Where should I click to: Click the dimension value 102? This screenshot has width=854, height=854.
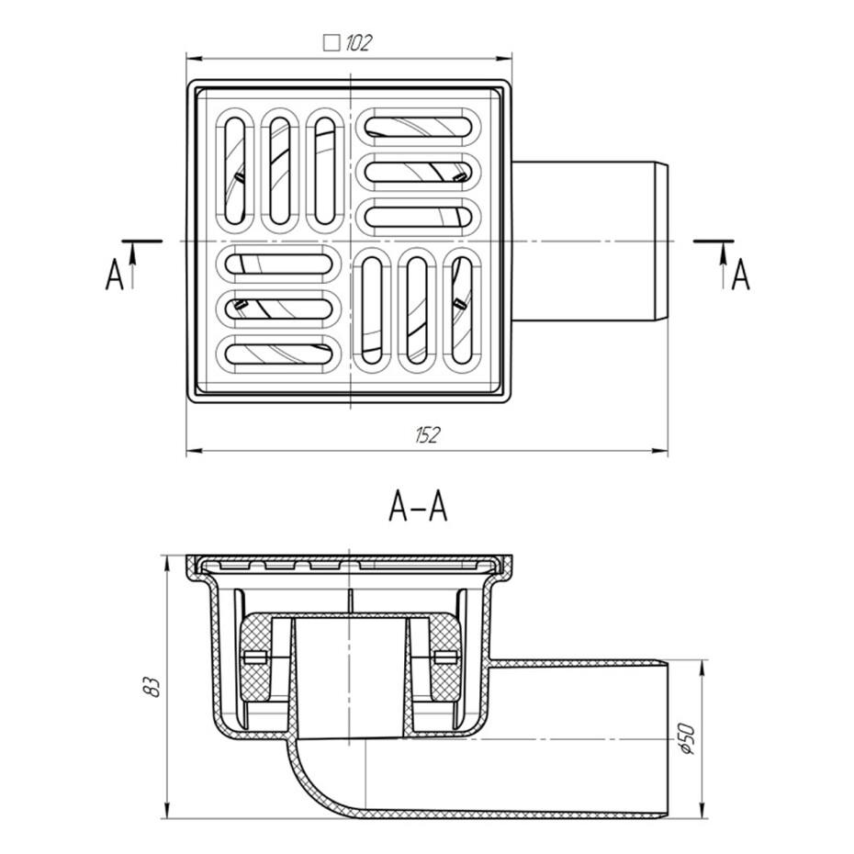tap(358, 43)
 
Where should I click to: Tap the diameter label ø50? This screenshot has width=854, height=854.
tap(689, 738)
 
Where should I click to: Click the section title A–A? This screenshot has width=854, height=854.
tap(418, 507)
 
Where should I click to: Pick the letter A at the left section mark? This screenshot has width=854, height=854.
tap(114, 275)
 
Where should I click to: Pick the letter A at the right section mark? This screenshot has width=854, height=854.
tap(740, 275)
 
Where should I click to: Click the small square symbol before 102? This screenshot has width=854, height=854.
tap(331, 43)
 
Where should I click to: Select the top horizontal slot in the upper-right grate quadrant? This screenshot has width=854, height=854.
tap(419, 127)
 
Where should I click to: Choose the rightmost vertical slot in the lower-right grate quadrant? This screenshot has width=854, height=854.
tap(463, 309)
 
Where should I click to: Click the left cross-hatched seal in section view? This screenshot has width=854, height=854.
tap(256, 657)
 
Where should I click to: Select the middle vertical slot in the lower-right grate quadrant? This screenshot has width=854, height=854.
tap(418, 309)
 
